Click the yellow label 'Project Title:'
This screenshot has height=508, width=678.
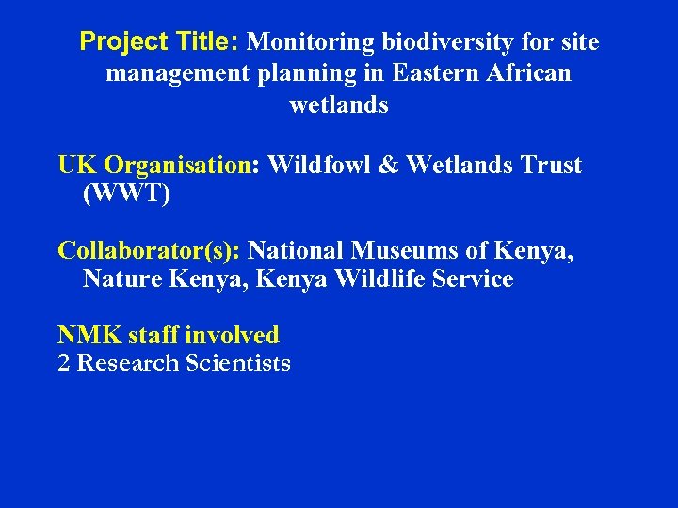[160, 42]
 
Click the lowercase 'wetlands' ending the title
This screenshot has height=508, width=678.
[339, 104]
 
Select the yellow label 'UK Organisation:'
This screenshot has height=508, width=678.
[159, 166]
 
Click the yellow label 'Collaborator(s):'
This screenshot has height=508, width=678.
[150, 251]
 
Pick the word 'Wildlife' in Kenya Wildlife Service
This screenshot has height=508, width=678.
[367, 279]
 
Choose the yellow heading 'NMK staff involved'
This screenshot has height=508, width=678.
[169, 335]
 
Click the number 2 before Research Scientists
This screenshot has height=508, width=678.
[64, 363]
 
